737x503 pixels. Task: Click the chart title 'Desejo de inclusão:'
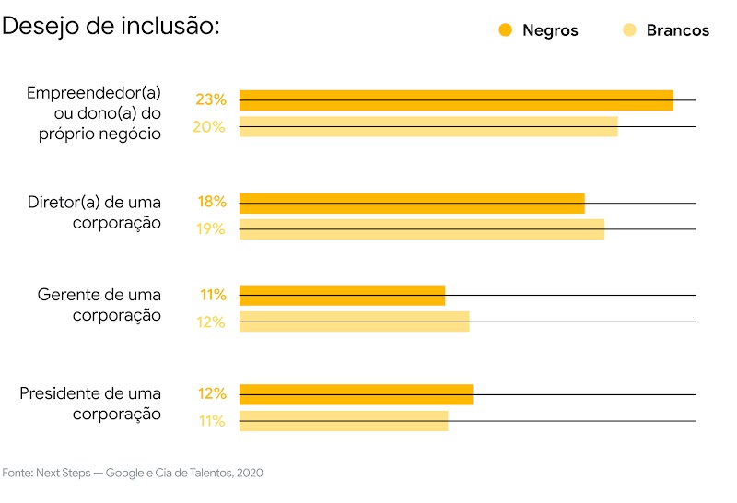(111, 26)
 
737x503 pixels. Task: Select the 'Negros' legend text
(550, 30)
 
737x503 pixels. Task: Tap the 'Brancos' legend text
(678, 30)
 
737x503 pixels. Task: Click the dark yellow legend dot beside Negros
(505, 30)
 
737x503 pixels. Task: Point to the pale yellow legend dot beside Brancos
(630, 30)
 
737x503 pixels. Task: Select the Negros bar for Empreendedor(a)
(456, 99)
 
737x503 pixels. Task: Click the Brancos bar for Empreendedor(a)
(428, 127)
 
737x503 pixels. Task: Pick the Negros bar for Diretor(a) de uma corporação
(412, 203)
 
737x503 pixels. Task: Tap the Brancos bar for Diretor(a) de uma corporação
(422, 229)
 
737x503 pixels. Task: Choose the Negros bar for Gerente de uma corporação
(342, 296)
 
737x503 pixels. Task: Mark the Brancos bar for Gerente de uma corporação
(354, 322)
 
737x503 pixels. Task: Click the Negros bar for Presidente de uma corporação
(356, 394)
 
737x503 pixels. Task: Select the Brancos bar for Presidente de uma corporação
(344, 421)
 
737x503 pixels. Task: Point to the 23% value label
(211, 99)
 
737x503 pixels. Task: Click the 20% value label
(208, 127)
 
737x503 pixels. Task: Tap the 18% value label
(212, 203)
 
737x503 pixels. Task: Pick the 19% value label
(210, 229)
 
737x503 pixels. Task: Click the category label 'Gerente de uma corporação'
(99, 305)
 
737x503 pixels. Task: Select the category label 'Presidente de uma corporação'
(90, 404)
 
